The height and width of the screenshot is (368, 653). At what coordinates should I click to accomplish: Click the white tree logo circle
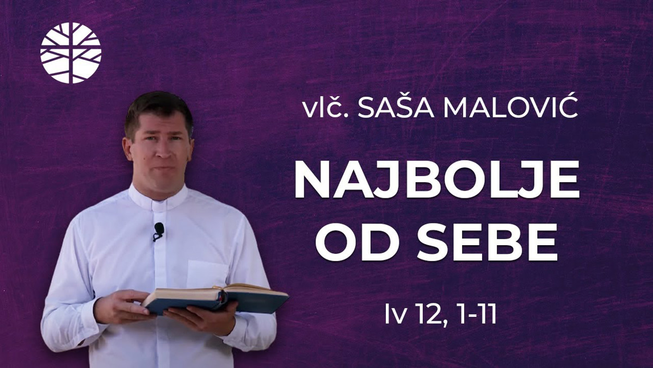(71, 53)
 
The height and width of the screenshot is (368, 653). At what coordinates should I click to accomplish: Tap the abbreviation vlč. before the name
(326, 108)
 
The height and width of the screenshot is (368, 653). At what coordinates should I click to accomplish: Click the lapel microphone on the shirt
(158, 232)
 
